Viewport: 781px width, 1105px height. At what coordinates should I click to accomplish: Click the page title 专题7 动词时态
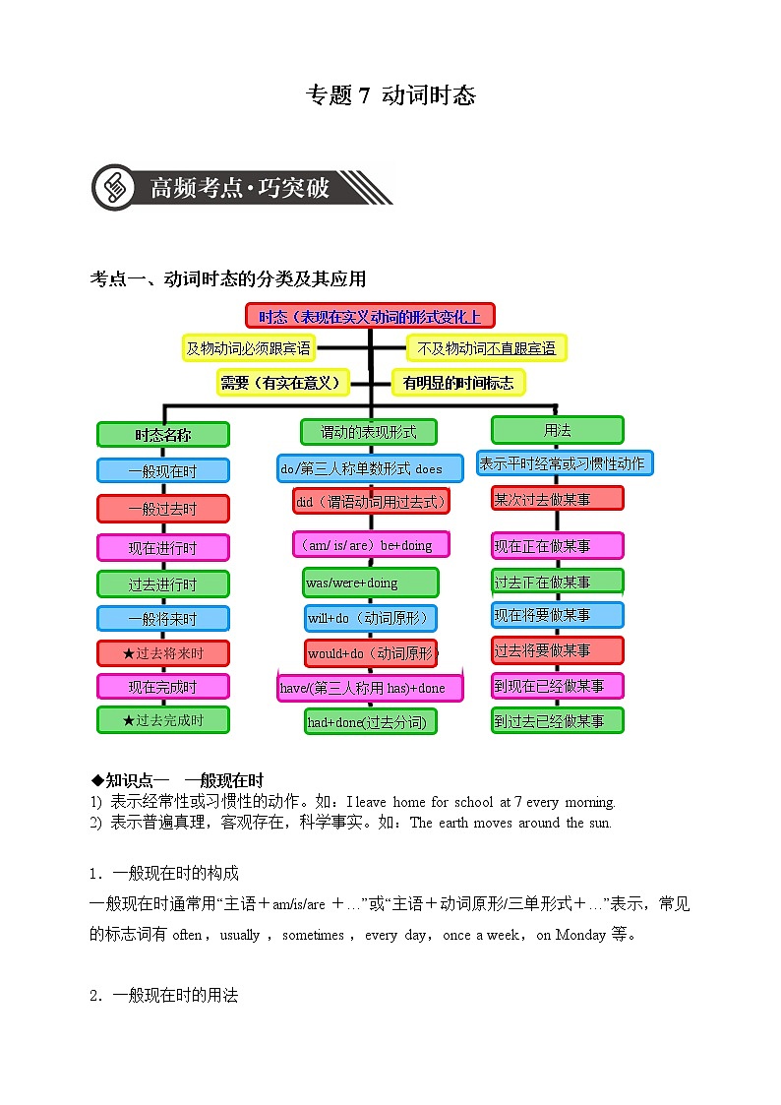pos(390,95)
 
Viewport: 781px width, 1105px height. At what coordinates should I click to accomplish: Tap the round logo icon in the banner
pos(116,186)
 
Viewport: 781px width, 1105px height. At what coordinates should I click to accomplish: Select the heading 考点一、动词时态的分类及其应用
pos(228,279)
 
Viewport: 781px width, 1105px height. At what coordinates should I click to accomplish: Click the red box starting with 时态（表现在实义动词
pos(370,316)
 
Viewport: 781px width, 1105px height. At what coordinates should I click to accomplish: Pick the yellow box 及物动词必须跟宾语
pos(248,347)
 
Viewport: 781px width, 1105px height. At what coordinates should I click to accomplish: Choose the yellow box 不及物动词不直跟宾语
pos(486,347)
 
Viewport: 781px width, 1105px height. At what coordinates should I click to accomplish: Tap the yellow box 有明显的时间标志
pos(458,383)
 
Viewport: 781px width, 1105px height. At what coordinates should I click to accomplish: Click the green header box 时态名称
pos(162,435)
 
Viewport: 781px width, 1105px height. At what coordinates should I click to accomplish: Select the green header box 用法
pos(557,430)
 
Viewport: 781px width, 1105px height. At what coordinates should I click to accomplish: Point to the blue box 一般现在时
pos(162,470)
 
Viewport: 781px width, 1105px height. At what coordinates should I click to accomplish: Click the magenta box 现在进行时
pos(162,548)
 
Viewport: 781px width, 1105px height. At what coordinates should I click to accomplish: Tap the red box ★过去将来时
pos(162,653)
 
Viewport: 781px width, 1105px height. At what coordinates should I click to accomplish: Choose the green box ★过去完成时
pos(162,720)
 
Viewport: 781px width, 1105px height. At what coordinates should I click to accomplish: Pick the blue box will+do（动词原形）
pos(370,619)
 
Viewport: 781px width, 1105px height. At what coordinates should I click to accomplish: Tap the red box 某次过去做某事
pos(557,499)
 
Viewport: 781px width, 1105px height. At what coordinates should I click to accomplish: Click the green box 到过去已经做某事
pos(557,720)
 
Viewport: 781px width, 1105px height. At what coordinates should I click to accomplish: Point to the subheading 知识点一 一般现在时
pos(177,781)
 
